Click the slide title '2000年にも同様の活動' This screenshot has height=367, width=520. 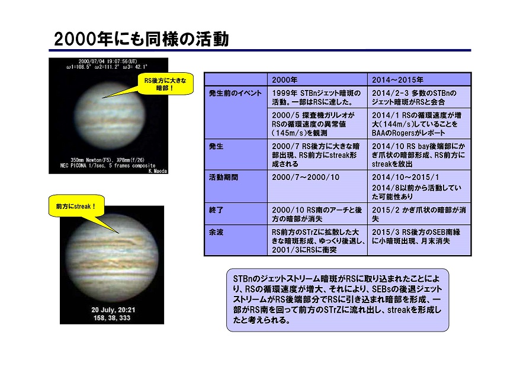(x=142, y=39)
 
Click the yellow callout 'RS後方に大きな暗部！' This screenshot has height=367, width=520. (x=165, y=84)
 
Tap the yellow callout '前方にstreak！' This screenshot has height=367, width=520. (x=76, y=206)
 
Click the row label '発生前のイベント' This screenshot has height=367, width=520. (x=235, y=93)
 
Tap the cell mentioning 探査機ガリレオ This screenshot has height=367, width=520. (x=317, y=124)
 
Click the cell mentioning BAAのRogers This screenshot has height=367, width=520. (x=419, y=124)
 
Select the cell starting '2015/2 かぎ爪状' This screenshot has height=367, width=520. (x=419, y=214)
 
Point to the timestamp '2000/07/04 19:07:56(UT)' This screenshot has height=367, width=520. (x=108, y=62)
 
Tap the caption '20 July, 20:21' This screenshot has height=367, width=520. (x=113, y=310)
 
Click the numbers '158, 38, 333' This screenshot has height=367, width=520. (x=112, y=318)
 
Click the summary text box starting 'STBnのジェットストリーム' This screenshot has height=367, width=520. (x=337, y=300)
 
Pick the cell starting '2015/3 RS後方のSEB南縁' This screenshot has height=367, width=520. (x=419, y=240)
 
